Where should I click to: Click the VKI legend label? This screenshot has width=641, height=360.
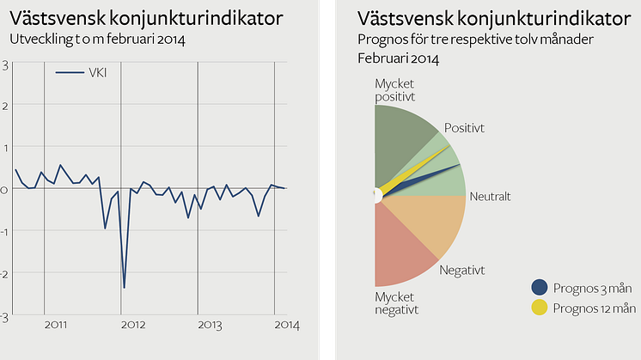click(99, 73)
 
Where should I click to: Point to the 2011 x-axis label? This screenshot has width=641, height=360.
click(57, 324)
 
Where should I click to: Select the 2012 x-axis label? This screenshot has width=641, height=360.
click(133, 324)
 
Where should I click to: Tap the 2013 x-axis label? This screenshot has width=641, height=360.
click(211, 324)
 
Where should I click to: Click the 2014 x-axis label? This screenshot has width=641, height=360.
click(287, 324)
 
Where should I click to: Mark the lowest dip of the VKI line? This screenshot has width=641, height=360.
click(124, 288)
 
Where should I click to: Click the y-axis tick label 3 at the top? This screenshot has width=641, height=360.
click(5, 64)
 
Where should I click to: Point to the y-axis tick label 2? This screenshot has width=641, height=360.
click(5, 106)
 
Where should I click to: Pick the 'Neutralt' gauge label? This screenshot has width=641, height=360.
click(491, 197)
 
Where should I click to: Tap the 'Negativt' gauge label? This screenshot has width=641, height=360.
click(461, 270)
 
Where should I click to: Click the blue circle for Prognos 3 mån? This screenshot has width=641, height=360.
click(540, 288)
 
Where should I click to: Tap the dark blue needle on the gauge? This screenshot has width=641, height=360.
click(430, 177)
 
